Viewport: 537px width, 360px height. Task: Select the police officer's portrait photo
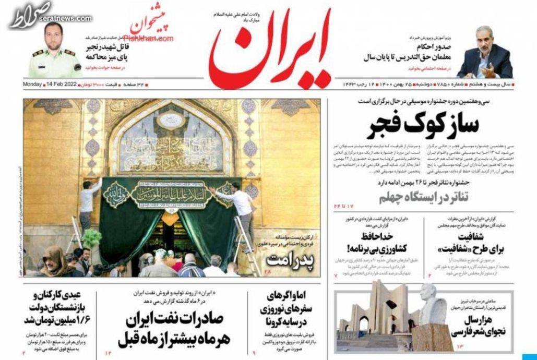pos(54,52)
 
